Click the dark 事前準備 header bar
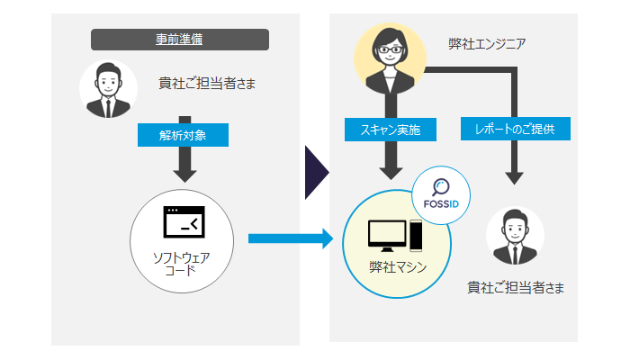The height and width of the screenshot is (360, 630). tap(180, 40)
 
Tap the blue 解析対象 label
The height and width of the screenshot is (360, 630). tap(183, 135)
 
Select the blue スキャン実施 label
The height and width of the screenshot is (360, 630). tap(391, 130)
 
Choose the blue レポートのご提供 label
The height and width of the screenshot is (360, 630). tap(515, 130)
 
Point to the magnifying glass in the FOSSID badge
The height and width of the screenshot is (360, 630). tap(441, 187)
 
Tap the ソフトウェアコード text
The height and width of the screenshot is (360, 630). tap(183, 263)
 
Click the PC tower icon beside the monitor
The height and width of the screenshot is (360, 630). tap(417, 235)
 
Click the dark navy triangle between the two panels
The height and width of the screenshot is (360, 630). tap(316, 172)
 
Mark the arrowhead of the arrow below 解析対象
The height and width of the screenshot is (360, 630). tap(184, 173)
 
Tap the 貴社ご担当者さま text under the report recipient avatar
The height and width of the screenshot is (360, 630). tap(515, 287)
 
